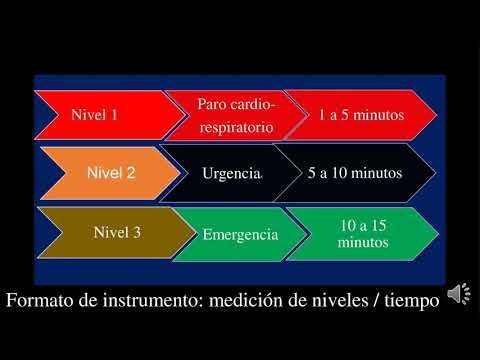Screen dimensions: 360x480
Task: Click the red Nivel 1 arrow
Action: coord(100,114)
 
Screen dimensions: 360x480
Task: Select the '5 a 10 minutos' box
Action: coord(355,173)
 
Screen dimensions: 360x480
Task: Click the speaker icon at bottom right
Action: coord(459,293)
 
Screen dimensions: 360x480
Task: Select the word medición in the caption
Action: coord(257,299)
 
